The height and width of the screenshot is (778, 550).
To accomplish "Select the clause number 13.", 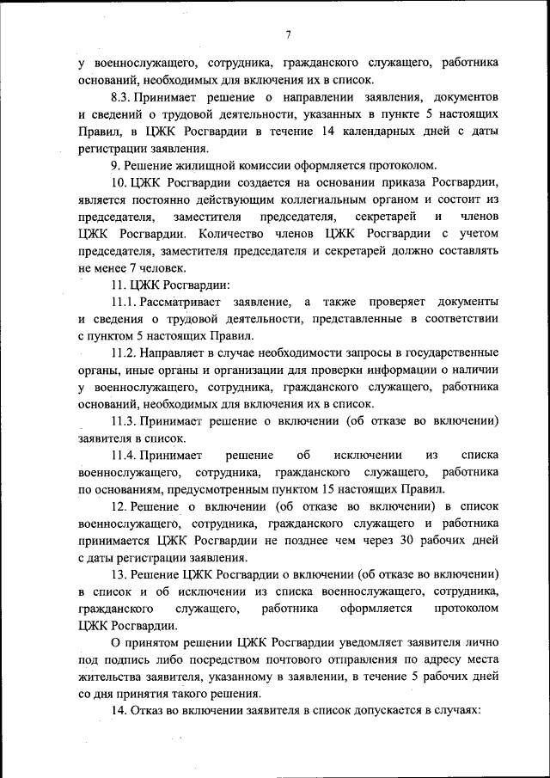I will coord(119,573).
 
